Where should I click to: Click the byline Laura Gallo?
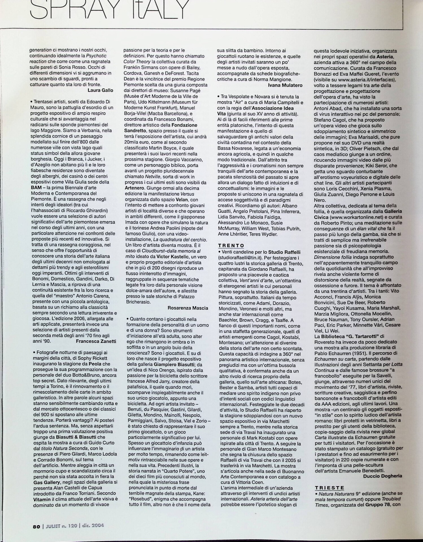tap(100, 90)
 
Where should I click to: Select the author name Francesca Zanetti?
tap(96, 341)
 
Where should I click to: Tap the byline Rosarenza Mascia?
tap(188, 308)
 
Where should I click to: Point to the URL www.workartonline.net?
tap(356, 217)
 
